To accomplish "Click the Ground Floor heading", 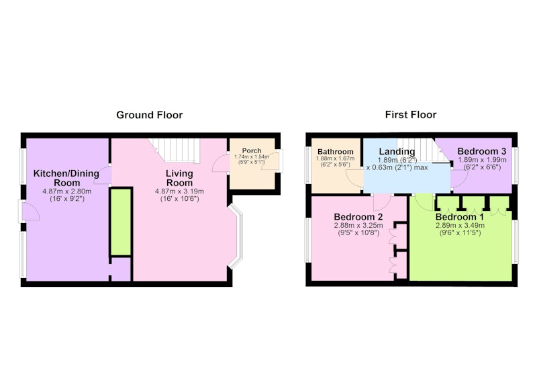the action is pyautogui.click(x=150, y=115).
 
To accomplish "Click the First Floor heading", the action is pyautogui.click(x=411, y=114).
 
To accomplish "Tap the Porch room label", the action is pyautogui.click(x=252, y=150).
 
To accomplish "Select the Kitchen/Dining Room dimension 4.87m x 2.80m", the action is pyautogui.click(x=66, y=191).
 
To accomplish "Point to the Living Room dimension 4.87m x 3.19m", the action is pyautogui.click(x=179, y=191).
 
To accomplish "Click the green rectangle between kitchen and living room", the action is pyautogui.click(x=121, y=222).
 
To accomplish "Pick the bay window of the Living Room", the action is pyautogui.click(x=237, y=236).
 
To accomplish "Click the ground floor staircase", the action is pyautogui.click(x=175, y=150).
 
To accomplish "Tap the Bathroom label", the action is pyautogui.click(x=335, y=151).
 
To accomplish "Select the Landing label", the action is pyautogui.click(x=397, y=151).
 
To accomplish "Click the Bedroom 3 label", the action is pyautogui.click(x=481, y=151).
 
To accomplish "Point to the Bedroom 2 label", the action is pyautogui.click(x=358, y=217).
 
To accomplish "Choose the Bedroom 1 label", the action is pyautogui.click(x=460, y=217).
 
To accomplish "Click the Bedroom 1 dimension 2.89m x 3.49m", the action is pyautogui.click(x=460, y=226).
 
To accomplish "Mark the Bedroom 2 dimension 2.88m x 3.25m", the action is pyautogui.click(x=358, y=226).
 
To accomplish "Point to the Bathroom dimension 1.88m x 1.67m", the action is pyautogui.click(x=335, y=159).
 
